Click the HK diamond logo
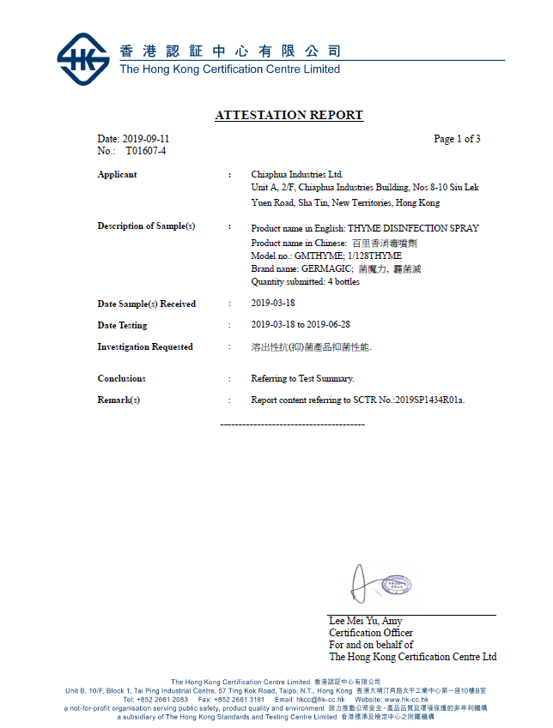pyautogui.click(x=83, y=59)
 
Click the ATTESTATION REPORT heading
pyautogui.click(x=289, y=115)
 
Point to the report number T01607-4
pyautogui.click(x=146, y=151)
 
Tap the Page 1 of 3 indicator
pyautogui.click(x=457, y=139)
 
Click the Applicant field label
pyautogui.click(x=117, y=175)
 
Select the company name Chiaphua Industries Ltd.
pyautogui.click(x=297, y=175)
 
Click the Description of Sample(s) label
pyautogui.click(x=146, y=226)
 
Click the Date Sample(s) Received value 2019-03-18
pyautogui.click(x=272, y=304)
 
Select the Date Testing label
pyautogui.click(x=122, y=326)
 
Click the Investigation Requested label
pyautogui.click(x=145, y=347)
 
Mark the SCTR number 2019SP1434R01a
pyautogui.click(x=429, y=400)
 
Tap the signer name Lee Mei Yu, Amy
pyautogui.click(x=366, y=621)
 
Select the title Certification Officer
pyautogui.click(x=371, y=633)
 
